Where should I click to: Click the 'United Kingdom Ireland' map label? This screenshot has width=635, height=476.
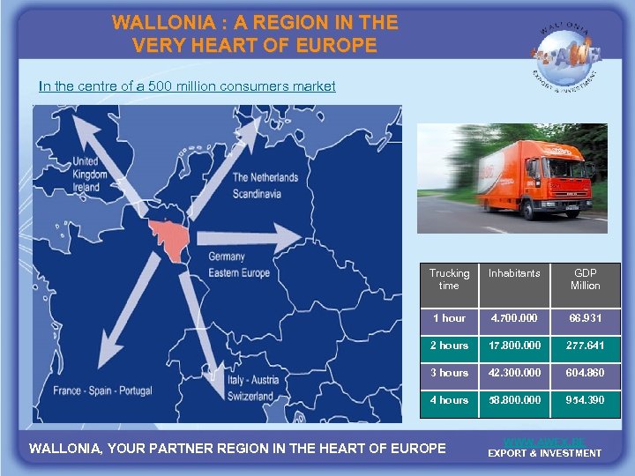pyautogui.click(x=89, y=174)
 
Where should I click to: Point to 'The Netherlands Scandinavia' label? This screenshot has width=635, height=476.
pyautogui.click(x=265, y=184)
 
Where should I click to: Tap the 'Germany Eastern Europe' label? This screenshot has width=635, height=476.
pyautogui.click(x=239, y=264)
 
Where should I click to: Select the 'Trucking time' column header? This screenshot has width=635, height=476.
pyautogui.click(x=449, y=279)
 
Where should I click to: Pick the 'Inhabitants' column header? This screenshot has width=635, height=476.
pyautogui.click(x=514, y=274)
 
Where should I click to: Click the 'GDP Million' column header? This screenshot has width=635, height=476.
pyautogui.click(x=585, y=279)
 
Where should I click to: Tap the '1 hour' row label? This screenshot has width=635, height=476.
pyautogui.click(x=449, y=318)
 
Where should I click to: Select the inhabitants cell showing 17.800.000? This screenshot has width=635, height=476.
pyautogui.click(x=514, y=346)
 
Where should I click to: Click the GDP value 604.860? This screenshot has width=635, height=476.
pyautogui.click(x=585, y=373)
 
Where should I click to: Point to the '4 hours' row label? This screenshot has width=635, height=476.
pyautogui.click(x=449, y=400)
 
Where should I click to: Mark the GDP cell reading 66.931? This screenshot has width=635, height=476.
pyautogui.click(x=585, y=318)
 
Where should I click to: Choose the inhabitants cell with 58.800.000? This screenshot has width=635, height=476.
pyautogui.click(x=514, y=400)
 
